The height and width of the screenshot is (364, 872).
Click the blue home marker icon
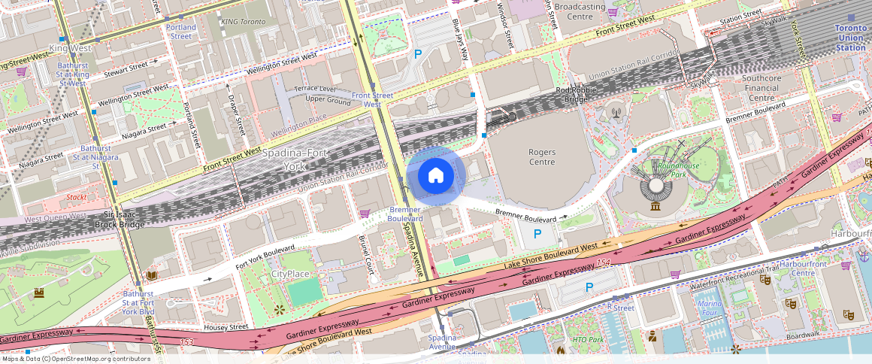click(436, 176)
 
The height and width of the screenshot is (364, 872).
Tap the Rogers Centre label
click(542, 157)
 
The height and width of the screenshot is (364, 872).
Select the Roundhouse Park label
click(676, 170)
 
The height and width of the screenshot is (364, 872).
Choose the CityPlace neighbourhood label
click(290, 274)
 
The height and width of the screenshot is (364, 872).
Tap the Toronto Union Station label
click(851, 38)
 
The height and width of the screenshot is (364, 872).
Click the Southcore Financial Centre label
click(761, 88)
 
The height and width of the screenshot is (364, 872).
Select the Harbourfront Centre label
click(803, 268)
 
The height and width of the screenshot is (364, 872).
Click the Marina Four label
click(710, 308)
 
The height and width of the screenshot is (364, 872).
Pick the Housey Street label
click(226, 327)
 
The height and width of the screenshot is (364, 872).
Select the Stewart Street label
click(126, 68)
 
